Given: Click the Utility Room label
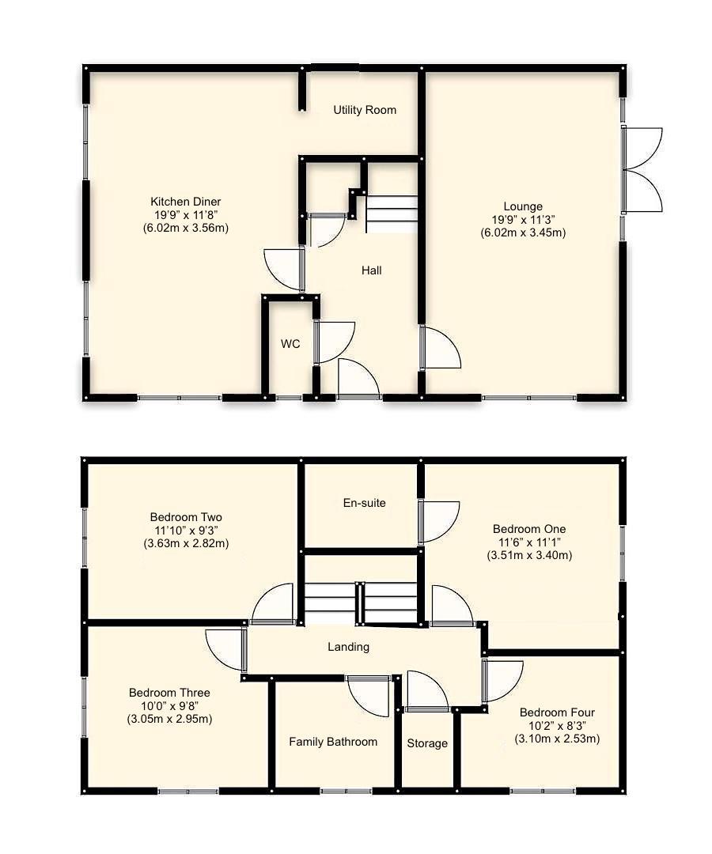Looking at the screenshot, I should [x=364, y=110].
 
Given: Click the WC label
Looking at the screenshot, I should [x=290, y=345].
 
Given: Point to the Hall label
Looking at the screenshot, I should [x=371, y=270].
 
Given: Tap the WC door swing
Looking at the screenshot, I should [x=334, y=342].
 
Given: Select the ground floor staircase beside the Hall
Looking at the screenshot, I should [x=392, y=213].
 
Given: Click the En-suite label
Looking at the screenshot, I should [x=364, y=502].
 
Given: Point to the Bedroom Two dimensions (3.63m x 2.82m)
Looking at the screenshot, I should [x=186, y=544].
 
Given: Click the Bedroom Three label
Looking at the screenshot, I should [x=169, y=693].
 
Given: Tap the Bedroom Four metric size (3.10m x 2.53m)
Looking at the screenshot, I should [x=557, y=739].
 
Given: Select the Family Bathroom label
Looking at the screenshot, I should [x=333, y=742].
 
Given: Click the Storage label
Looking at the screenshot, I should [x=427, y=743].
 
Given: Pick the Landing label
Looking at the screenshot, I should [x=349, y=647].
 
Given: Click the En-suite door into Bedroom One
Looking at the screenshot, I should [x=437, y=521].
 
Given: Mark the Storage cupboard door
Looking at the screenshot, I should [x=427, y=691].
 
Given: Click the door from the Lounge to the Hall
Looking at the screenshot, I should [x=439, y=348].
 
